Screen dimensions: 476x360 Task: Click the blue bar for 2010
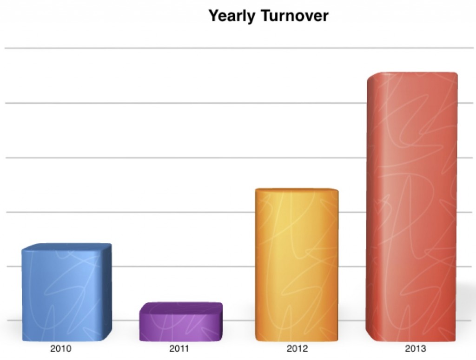tap(67, 292)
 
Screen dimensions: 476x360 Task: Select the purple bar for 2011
tap(181, 322)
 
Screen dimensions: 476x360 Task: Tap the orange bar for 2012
tap(297, 265)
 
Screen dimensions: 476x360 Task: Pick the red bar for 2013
tap(412, 207)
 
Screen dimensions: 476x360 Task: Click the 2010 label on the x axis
tap(61, 348)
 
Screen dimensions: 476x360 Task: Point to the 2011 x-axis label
tap(179, 348)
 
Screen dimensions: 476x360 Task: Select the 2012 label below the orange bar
tap(297, 348)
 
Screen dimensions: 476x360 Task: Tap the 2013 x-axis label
tap(416, 348)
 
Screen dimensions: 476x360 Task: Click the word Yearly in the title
tap(232, 16)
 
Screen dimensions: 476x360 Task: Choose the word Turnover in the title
tap(294, 15)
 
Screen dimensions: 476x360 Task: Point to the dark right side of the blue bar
tap(107, 292)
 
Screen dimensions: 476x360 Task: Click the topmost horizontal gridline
tap(239, 48)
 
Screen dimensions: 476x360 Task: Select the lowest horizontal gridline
tap(239, 320)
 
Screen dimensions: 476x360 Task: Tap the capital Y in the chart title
tap(214, 15)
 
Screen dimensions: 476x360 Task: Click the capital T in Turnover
tap(265, 15)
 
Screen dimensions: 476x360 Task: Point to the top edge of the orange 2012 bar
tap(297, 189)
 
